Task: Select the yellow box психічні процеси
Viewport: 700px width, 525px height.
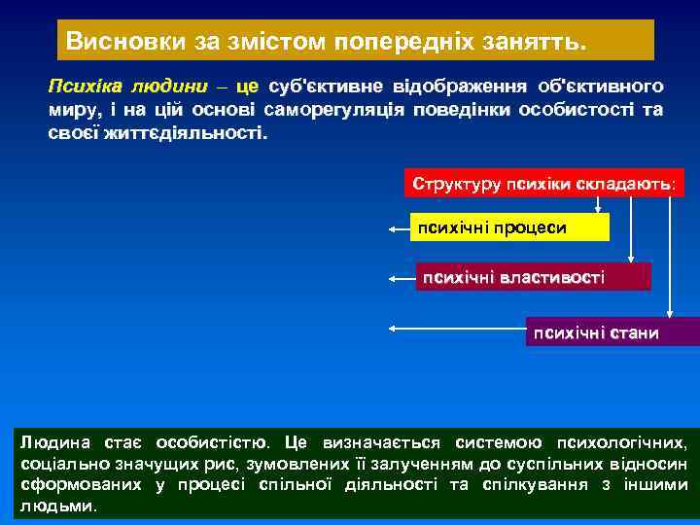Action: point(510,227)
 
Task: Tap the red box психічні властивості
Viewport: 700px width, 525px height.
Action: point(533,277)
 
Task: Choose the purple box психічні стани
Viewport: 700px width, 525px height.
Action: point(612,332)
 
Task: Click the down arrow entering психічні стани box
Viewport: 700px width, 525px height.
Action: point(670,313)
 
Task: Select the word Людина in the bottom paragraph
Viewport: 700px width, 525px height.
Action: point(51,443)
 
